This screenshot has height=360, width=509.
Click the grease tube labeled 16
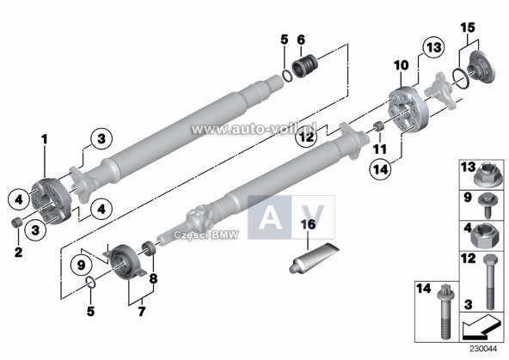pyautogui.click(x=314, y=258)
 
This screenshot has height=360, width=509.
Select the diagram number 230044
pyautogui.click(x=483, y=349)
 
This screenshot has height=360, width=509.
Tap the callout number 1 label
pyautogui.click(x=44, y=139)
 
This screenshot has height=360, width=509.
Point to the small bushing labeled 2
pyautogui.click(x=15, y=223)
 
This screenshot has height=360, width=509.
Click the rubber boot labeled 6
pyautogui.click(x=305, y=67)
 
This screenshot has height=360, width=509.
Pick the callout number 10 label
pyautogui.click(x=401, y=65)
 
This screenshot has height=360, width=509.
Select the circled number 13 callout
pyautogui.click(x=433, y=48)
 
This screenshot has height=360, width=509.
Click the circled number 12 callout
pyautogui.click(x=306, y=137)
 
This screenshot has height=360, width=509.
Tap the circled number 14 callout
pyautogui.click(x=380, y=168)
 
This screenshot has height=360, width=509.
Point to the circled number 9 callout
pyautogui.click(x=81, y=265)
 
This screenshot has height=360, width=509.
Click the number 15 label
pyautogui.click(x=468, y=27)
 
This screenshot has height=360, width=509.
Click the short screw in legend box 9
pyautogui.click(x=487, y=205)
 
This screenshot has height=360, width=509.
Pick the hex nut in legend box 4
pyautogui.click(x=485, y=235)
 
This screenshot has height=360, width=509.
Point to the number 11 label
pyautogui.click(x=380, y=149)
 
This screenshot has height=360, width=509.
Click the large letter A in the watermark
pyautogui.click(x=270, y=217)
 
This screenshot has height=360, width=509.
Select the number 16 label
pyautogui.click(x=308, y=224)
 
